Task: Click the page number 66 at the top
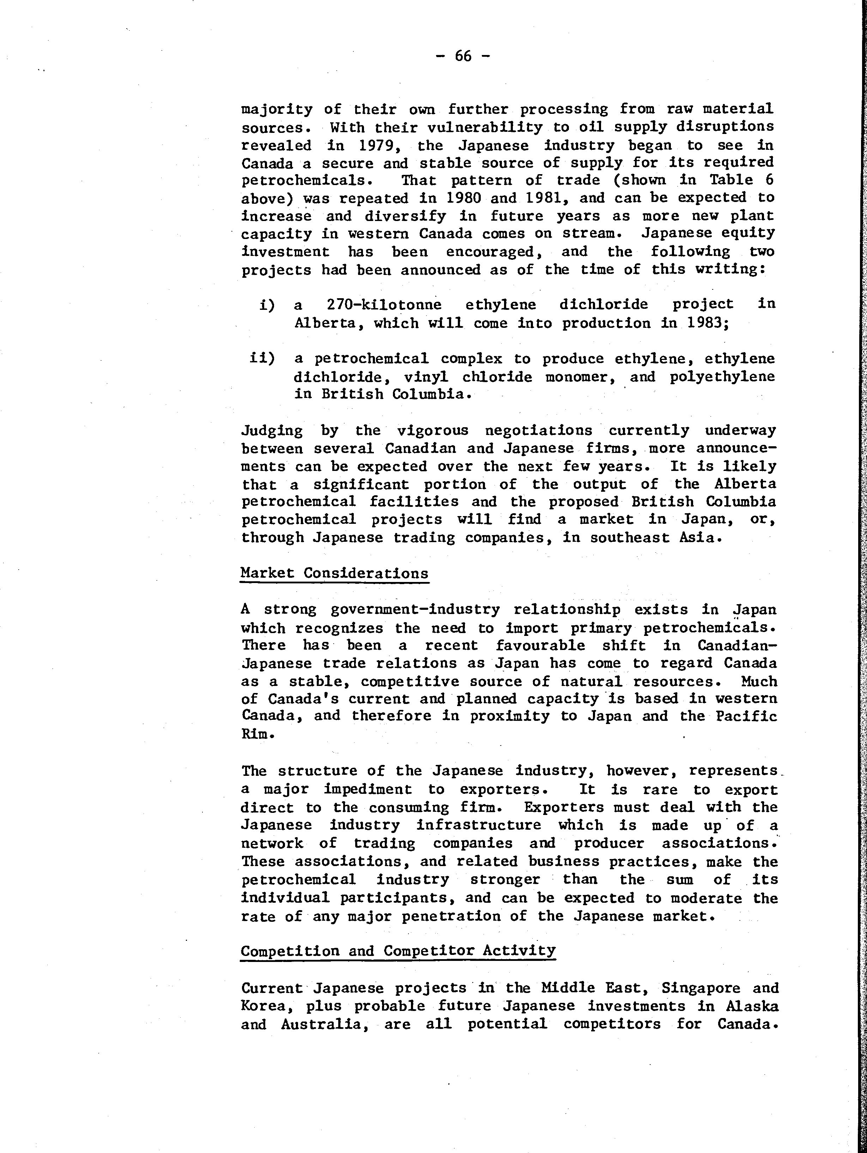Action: pyautogui.click(x=463, y=56)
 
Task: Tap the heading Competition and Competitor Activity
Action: pyautogui.click(x=398, y=951)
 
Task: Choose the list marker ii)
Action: pyautogui.click(x=262, y=358)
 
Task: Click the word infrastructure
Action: pyautogui.click(x=479, y=825)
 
